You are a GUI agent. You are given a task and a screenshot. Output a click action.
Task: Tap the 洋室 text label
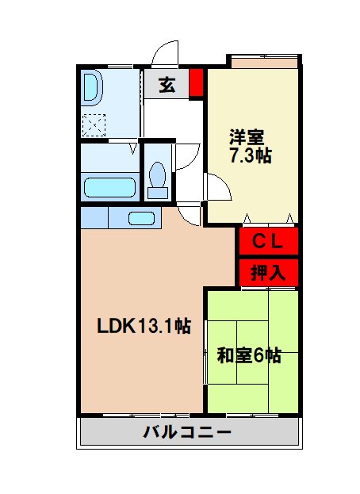click(x=248, y=136)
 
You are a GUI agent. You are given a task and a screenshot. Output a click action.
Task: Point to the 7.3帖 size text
click(x=250, y=155)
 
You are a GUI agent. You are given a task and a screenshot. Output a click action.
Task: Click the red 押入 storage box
click(x=269, y=274)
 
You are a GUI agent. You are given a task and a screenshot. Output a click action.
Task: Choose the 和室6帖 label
click(x=249, y=355)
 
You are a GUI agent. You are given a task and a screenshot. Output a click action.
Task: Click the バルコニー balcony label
click(x=188, y=433)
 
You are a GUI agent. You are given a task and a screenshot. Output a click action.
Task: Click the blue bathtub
click(x=111, y=188)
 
